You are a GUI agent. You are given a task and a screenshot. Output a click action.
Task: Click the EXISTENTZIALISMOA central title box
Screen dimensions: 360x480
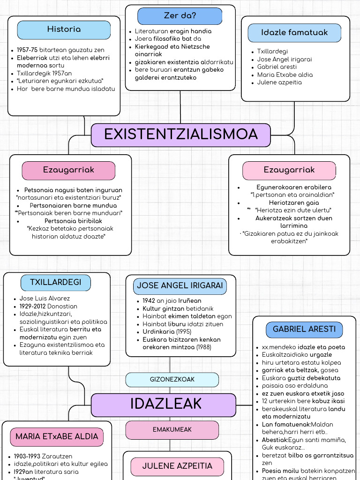180,135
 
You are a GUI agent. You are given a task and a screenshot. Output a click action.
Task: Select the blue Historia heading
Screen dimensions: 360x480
64,30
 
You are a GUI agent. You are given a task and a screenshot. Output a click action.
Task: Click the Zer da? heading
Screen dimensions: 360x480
180,16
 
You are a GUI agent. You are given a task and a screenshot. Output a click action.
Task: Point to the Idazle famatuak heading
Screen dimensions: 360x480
294,33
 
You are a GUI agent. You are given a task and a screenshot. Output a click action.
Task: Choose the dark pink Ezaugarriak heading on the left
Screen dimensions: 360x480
68,170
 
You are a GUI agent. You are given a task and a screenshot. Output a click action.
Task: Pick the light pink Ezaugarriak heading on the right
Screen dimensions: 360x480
289,170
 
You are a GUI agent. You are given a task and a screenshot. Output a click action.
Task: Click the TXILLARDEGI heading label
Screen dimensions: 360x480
56,283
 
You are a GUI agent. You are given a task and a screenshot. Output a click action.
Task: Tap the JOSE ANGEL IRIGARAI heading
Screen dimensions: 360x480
180,286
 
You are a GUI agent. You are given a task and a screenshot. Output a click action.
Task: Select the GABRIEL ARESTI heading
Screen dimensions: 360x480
304,329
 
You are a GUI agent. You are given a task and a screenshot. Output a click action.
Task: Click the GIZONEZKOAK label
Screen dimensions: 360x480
172,380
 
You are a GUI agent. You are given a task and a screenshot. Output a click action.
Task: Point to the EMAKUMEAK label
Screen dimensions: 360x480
172,430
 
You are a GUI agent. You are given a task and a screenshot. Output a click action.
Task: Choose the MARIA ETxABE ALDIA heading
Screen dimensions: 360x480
57,437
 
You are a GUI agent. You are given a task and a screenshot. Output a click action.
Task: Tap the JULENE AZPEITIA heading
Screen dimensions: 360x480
177,466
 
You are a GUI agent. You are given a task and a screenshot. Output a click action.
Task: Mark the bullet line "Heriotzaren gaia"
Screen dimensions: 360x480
293,203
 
